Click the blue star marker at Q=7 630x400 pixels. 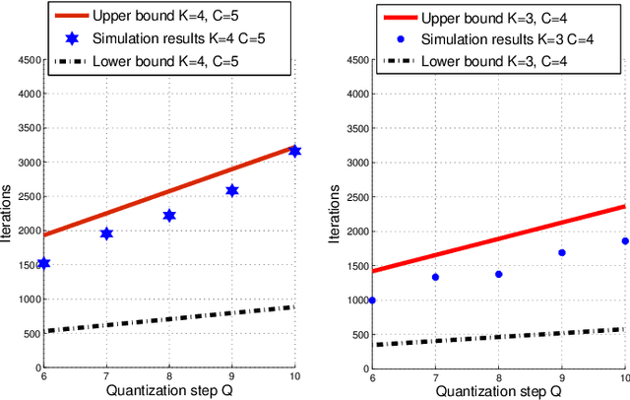click(106, 233)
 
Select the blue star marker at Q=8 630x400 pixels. click(169, 215)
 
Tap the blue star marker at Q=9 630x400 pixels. click(232, 190)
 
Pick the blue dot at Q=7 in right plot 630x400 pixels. click(435, 277)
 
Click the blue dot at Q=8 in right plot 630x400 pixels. click(498, 274)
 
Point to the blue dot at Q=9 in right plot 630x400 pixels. click(561, 252)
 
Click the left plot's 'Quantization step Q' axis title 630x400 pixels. click(168, 389)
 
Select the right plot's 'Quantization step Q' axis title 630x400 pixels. click(498, 389)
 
